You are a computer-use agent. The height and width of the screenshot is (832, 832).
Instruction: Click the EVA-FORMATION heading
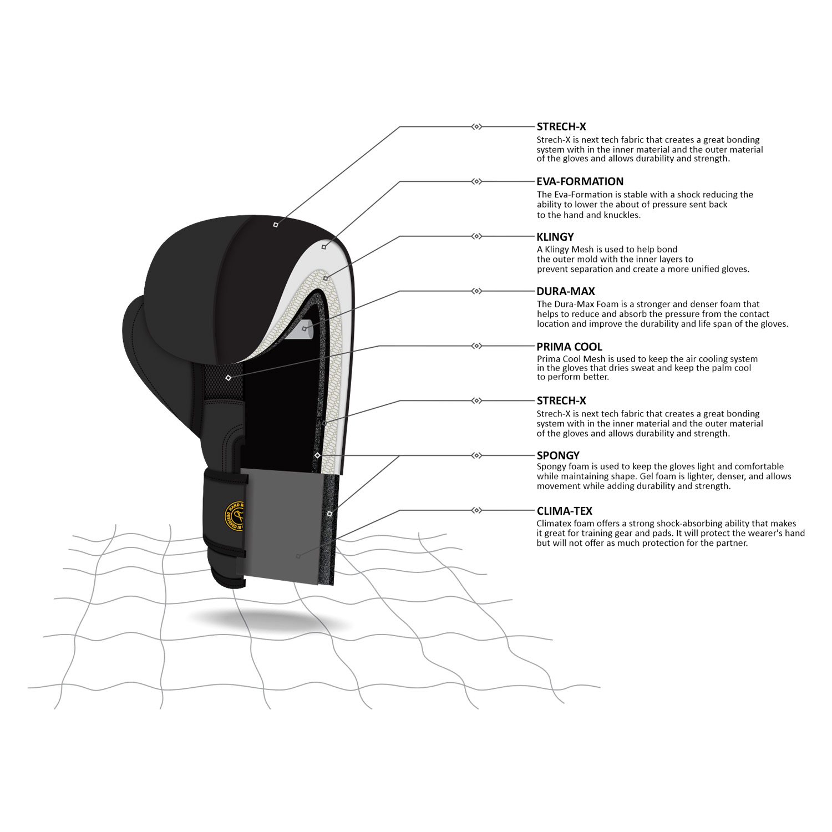point(580,181)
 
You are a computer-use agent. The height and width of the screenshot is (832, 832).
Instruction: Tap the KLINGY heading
point(555,237)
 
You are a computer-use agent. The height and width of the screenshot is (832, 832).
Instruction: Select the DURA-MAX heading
point(565,291)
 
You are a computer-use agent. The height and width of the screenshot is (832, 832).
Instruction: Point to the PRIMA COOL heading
point(569,347)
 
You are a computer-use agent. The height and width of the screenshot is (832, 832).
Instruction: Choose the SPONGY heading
point(558,455)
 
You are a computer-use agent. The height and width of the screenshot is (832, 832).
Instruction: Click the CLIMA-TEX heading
point(564,511)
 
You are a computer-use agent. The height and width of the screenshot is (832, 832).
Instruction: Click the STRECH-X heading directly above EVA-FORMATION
point(561,126)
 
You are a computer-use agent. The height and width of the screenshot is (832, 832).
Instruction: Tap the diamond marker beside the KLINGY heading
point(476,236)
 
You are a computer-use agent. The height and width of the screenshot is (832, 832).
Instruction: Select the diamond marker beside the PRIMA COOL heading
point(476,346)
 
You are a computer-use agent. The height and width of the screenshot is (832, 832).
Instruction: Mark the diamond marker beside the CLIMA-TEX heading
point(476,510)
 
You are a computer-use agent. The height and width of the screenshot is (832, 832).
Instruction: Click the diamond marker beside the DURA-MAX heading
point(476,291)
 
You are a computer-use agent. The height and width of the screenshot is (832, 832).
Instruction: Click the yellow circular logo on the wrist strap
point(235,516)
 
